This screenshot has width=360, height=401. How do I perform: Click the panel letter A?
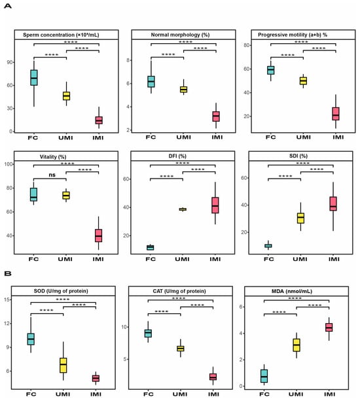(x=8, y=6)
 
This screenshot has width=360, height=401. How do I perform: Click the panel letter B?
(x=8, y=273)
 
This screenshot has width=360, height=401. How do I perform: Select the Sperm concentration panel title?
(x=61, y=35)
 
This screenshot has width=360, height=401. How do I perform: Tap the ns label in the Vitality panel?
(x=52, y=175)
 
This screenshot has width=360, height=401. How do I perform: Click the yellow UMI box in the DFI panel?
(x=183, y=209)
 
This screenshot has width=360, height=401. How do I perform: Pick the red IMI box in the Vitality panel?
(x=98, y=235)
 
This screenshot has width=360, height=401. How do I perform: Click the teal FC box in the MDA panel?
(x=264, y=376)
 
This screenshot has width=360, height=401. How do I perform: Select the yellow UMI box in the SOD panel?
(x=63, y=365)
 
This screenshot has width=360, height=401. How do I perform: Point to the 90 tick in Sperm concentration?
(x=10, y=62)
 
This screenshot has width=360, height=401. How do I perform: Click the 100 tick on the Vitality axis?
(x=9, y=164)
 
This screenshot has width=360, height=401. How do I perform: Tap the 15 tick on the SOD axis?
(x=8, y=300)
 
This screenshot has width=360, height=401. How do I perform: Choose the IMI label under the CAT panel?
(x=213, y=394)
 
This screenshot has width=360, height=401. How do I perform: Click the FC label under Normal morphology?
(x=151, y=137)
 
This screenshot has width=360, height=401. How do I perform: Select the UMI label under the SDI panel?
(x=300, y=259)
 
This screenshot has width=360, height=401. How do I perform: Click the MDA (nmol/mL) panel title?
(x=292, y=291)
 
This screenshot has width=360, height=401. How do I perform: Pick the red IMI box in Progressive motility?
(x=336, y=114)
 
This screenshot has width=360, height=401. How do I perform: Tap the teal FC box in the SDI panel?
(x=268, y=246)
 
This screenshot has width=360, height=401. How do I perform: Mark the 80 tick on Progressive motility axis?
(x=247, y=45)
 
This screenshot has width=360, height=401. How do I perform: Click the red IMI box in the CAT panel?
(x=213, y=377)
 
